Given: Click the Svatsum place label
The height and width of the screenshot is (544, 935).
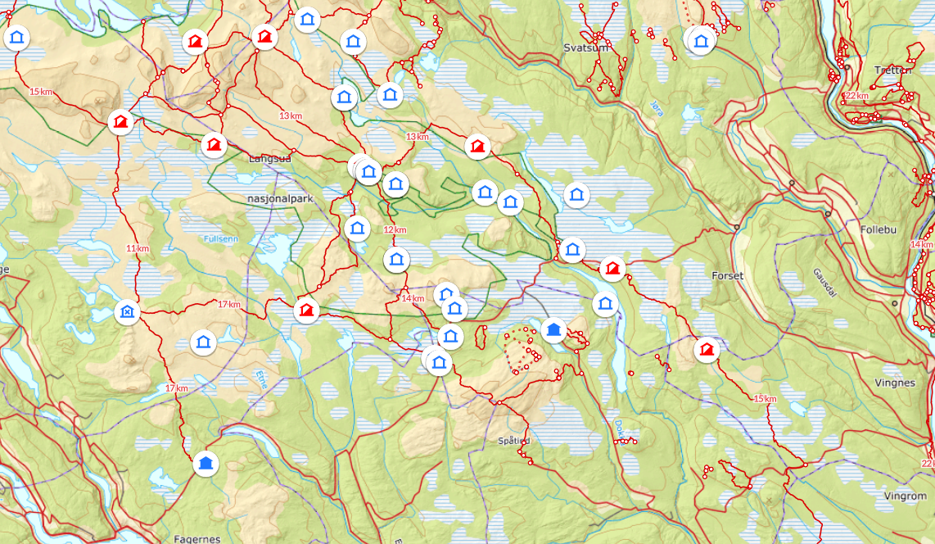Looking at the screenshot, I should coord(587,48).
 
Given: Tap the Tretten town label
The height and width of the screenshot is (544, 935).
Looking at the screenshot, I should coord(893,70).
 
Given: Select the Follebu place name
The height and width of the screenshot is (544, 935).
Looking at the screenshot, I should coord(880,229).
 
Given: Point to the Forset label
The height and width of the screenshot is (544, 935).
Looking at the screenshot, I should coord(728,276).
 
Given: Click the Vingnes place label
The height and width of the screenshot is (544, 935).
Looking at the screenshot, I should coord(895,383).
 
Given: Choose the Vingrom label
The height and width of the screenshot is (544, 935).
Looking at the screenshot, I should coord(906,496).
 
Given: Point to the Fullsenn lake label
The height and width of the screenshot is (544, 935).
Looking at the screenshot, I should coord(223,238).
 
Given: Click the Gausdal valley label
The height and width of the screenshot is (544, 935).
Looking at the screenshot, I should coord(826,283).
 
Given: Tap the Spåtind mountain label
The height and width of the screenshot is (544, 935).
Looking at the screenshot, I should coord(513,440).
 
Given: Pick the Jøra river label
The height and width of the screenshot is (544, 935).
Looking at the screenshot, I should coord(656,107).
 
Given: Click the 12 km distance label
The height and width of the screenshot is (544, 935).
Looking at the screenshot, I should coord(395,230).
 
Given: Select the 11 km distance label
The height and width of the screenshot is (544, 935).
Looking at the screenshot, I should coord(138,248).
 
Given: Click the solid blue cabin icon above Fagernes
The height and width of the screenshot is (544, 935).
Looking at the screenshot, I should coord(206,464).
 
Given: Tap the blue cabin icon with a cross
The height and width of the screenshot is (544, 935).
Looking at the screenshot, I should coord(127,311).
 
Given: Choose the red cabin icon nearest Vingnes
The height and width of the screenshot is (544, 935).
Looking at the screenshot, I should coord(707,350).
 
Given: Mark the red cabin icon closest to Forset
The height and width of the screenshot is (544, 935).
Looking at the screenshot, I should coord(612,268).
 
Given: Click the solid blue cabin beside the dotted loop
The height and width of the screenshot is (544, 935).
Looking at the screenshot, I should coord(553,330).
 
